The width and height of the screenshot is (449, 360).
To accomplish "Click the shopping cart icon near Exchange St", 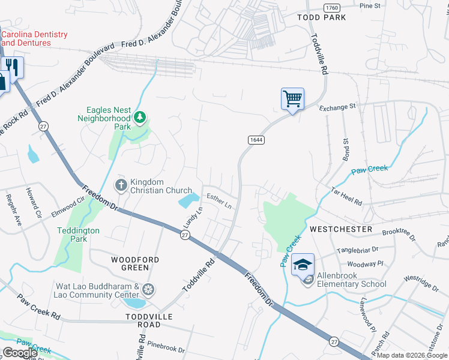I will point(292,98).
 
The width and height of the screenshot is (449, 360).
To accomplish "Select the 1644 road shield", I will point(255,139).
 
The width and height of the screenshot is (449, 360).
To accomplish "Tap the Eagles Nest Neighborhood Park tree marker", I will point(140,116).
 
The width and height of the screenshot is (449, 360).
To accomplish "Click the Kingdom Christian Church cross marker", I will point(121,185).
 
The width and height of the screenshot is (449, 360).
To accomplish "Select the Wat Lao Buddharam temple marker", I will point(147,290).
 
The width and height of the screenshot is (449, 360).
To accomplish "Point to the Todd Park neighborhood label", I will point(322,17).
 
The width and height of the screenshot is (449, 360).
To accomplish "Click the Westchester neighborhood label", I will point(341,229).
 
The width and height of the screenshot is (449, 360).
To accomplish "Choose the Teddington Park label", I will point(78,235).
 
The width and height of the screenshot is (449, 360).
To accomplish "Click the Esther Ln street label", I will point(219,200).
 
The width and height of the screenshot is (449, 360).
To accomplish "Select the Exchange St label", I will point(337,107).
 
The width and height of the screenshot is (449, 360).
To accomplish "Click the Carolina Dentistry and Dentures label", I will point(34,39).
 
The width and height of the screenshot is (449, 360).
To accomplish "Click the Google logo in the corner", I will point(20,353).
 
